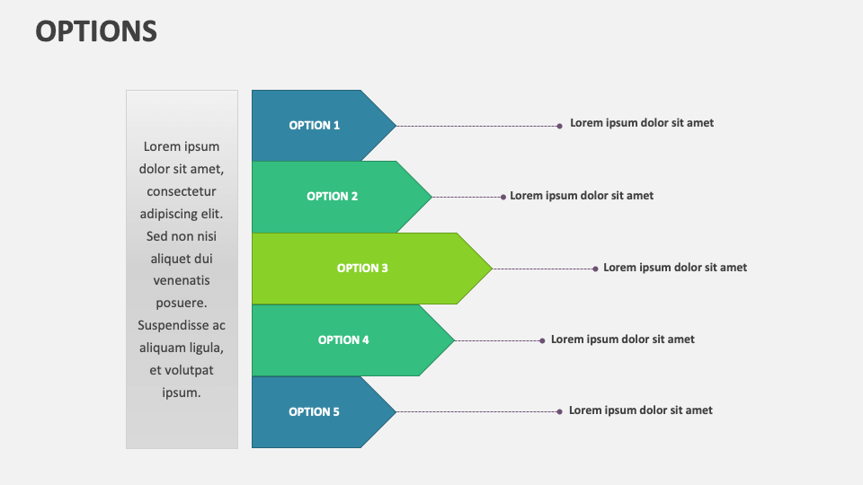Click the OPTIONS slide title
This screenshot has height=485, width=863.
pyautogui.click(x=96, y=31)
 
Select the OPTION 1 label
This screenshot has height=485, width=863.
pyautogui.click(x=315, y=126)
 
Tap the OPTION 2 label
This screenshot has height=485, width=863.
pyautogui.click(x=333, y=197)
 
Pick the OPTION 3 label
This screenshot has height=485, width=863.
pyautogui.click(x=362, y=269)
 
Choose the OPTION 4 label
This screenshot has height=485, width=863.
pyautogui.click(x=343, y=340)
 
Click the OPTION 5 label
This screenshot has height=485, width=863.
pyautogui.click(x=315, y=412)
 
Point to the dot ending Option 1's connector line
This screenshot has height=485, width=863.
pyautogui.click(x=559, y=126)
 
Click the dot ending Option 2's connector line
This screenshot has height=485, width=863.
pyautogui.click(x=503, y=197)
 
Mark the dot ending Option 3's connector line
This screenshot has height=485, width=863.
pyautogui.click(x=595, y=269)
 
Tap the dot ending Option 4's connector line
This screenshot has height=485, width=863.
pyautogui.click(x=542, y=340)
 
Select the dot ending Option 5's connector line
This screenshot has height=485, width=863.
pyautogui.click(x=559, y=411)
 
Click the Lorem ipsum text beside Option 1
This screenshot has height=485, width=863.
pyautogui.click(x=642, y=123)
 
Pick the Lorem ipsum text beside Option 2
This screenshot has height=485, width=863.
pyautogui.click(x=582, y=196)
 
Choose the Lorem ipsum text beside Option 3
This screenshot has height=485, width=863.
pyautogui.click(x=675, y=268)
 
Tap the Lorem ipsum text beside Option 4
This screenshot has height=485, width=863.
pyautogui.click(x=623, y=339)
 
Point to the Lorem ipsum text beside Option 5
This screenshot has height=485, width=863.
pyautogui.click(x=641, y=410)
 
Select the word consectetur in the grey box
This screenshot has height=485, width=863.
pyautogui.click(x=182, y=191)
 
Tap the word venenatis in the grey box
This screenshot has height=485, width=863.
pyautogui.click(x=182, y=281)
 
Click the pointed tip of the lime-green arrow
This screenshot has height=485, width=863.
pyautogui.click(x=491, y=269)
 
